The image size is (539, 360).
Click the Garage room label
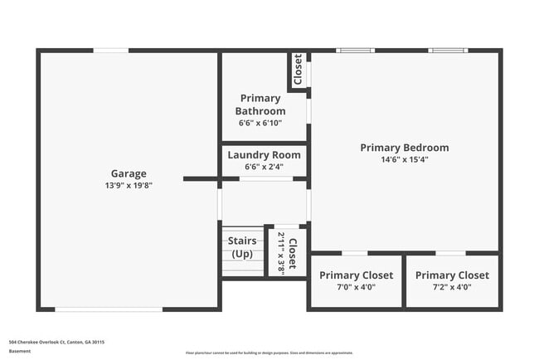[x=129, y=173]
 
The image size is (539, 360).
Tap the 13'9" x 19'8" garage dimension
[x=129, y=185]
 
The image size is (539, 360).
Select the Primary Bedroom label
[x=405, y=148]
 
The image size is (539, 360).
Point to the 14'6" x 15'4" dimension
[x=405, y=159]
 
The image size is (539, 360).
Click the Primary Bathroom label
[x=260, y=105]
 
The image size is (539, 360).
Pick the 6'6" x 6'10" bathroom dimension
[x=260, y=123]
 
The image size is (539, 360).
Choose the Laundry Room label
[x=264, y=154]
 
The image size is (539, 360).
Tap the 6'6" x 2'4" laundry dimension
[x=264, y=166]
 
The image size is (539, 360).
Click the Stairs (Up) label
[x=242, y=247]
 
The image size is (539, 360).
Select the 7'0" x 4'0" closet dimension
[x=357, y=287]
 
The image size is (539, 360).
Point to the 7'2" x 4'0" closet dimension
[x=452, y=287]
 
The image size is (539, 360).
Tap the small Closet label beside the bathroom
[x=298, y=71]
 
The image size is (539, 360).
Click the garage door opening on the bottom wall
[x=109, y=309]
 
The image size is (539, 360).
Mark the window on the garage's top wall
[x=110, y=51]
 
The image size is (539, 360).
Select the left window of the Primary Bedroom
[x=354, y=51]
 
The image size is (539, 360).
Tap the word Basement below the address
[x=19, y=351]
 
